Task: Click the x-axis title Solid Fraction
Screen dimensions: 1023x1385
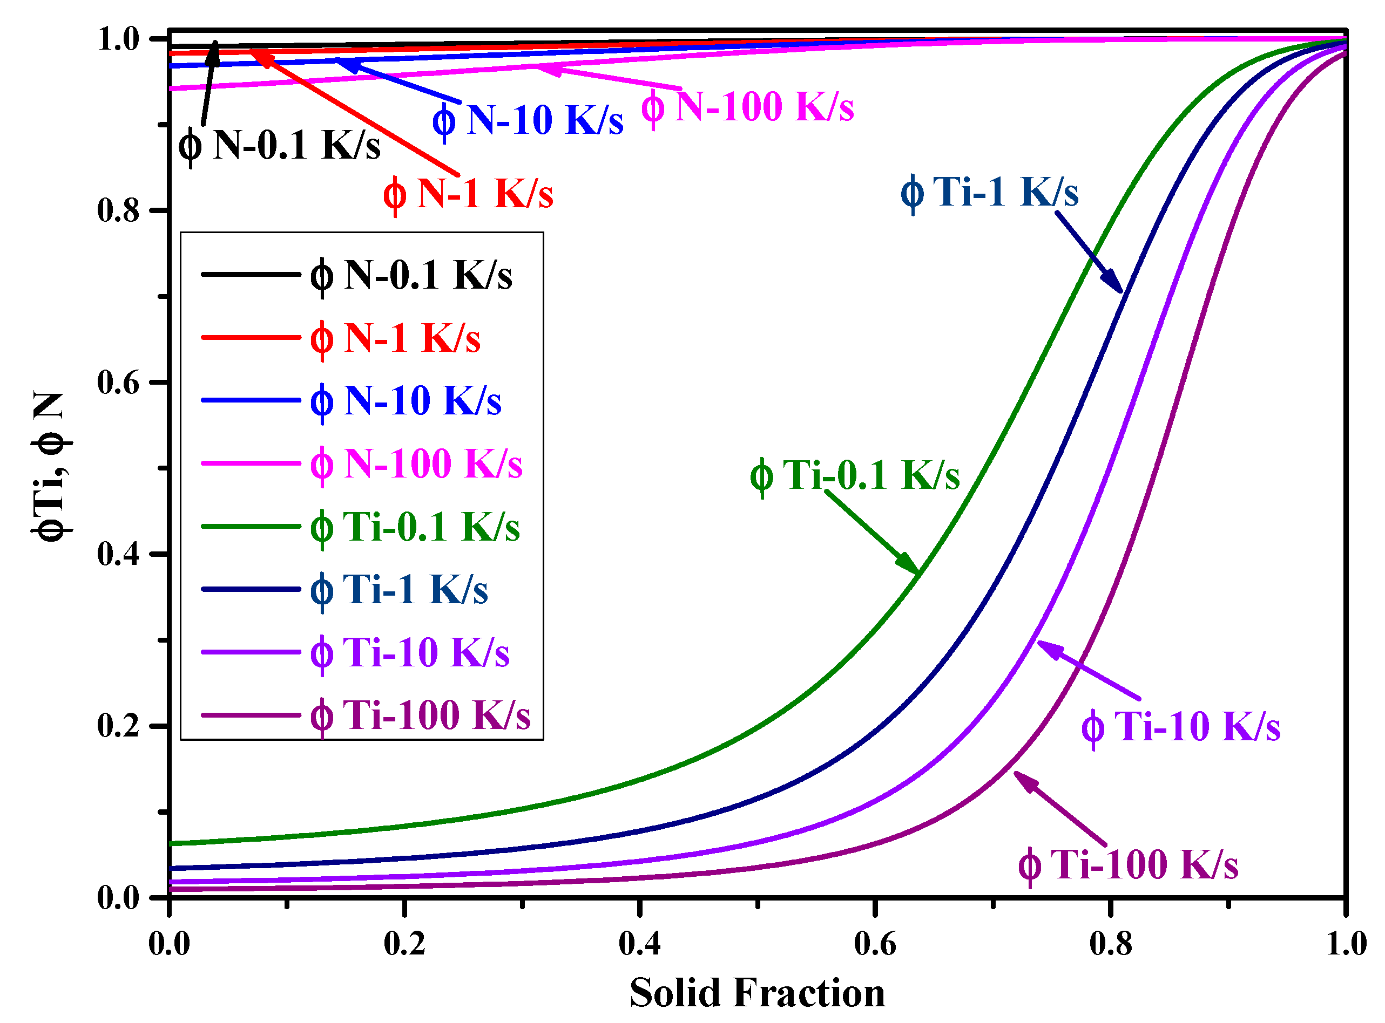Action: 756,993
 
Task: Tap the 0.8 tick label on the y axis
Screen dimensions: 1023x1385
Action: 118,210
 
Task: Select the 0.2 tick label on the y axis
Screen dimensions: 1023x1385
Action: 118,725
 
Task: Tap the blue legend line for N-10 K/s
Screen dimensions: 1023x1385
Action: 251,401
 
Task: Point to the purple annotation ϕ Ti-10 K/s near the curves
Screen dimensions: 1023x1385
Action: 1180,726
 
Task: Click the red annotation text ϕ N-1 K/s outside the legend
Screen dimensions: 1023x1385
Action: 468,194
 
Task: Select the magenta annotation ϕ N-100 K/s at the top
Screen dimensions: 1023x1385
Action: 747,107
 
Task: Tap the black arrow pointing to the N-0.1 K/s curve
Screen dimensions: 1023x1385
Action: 210,80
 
